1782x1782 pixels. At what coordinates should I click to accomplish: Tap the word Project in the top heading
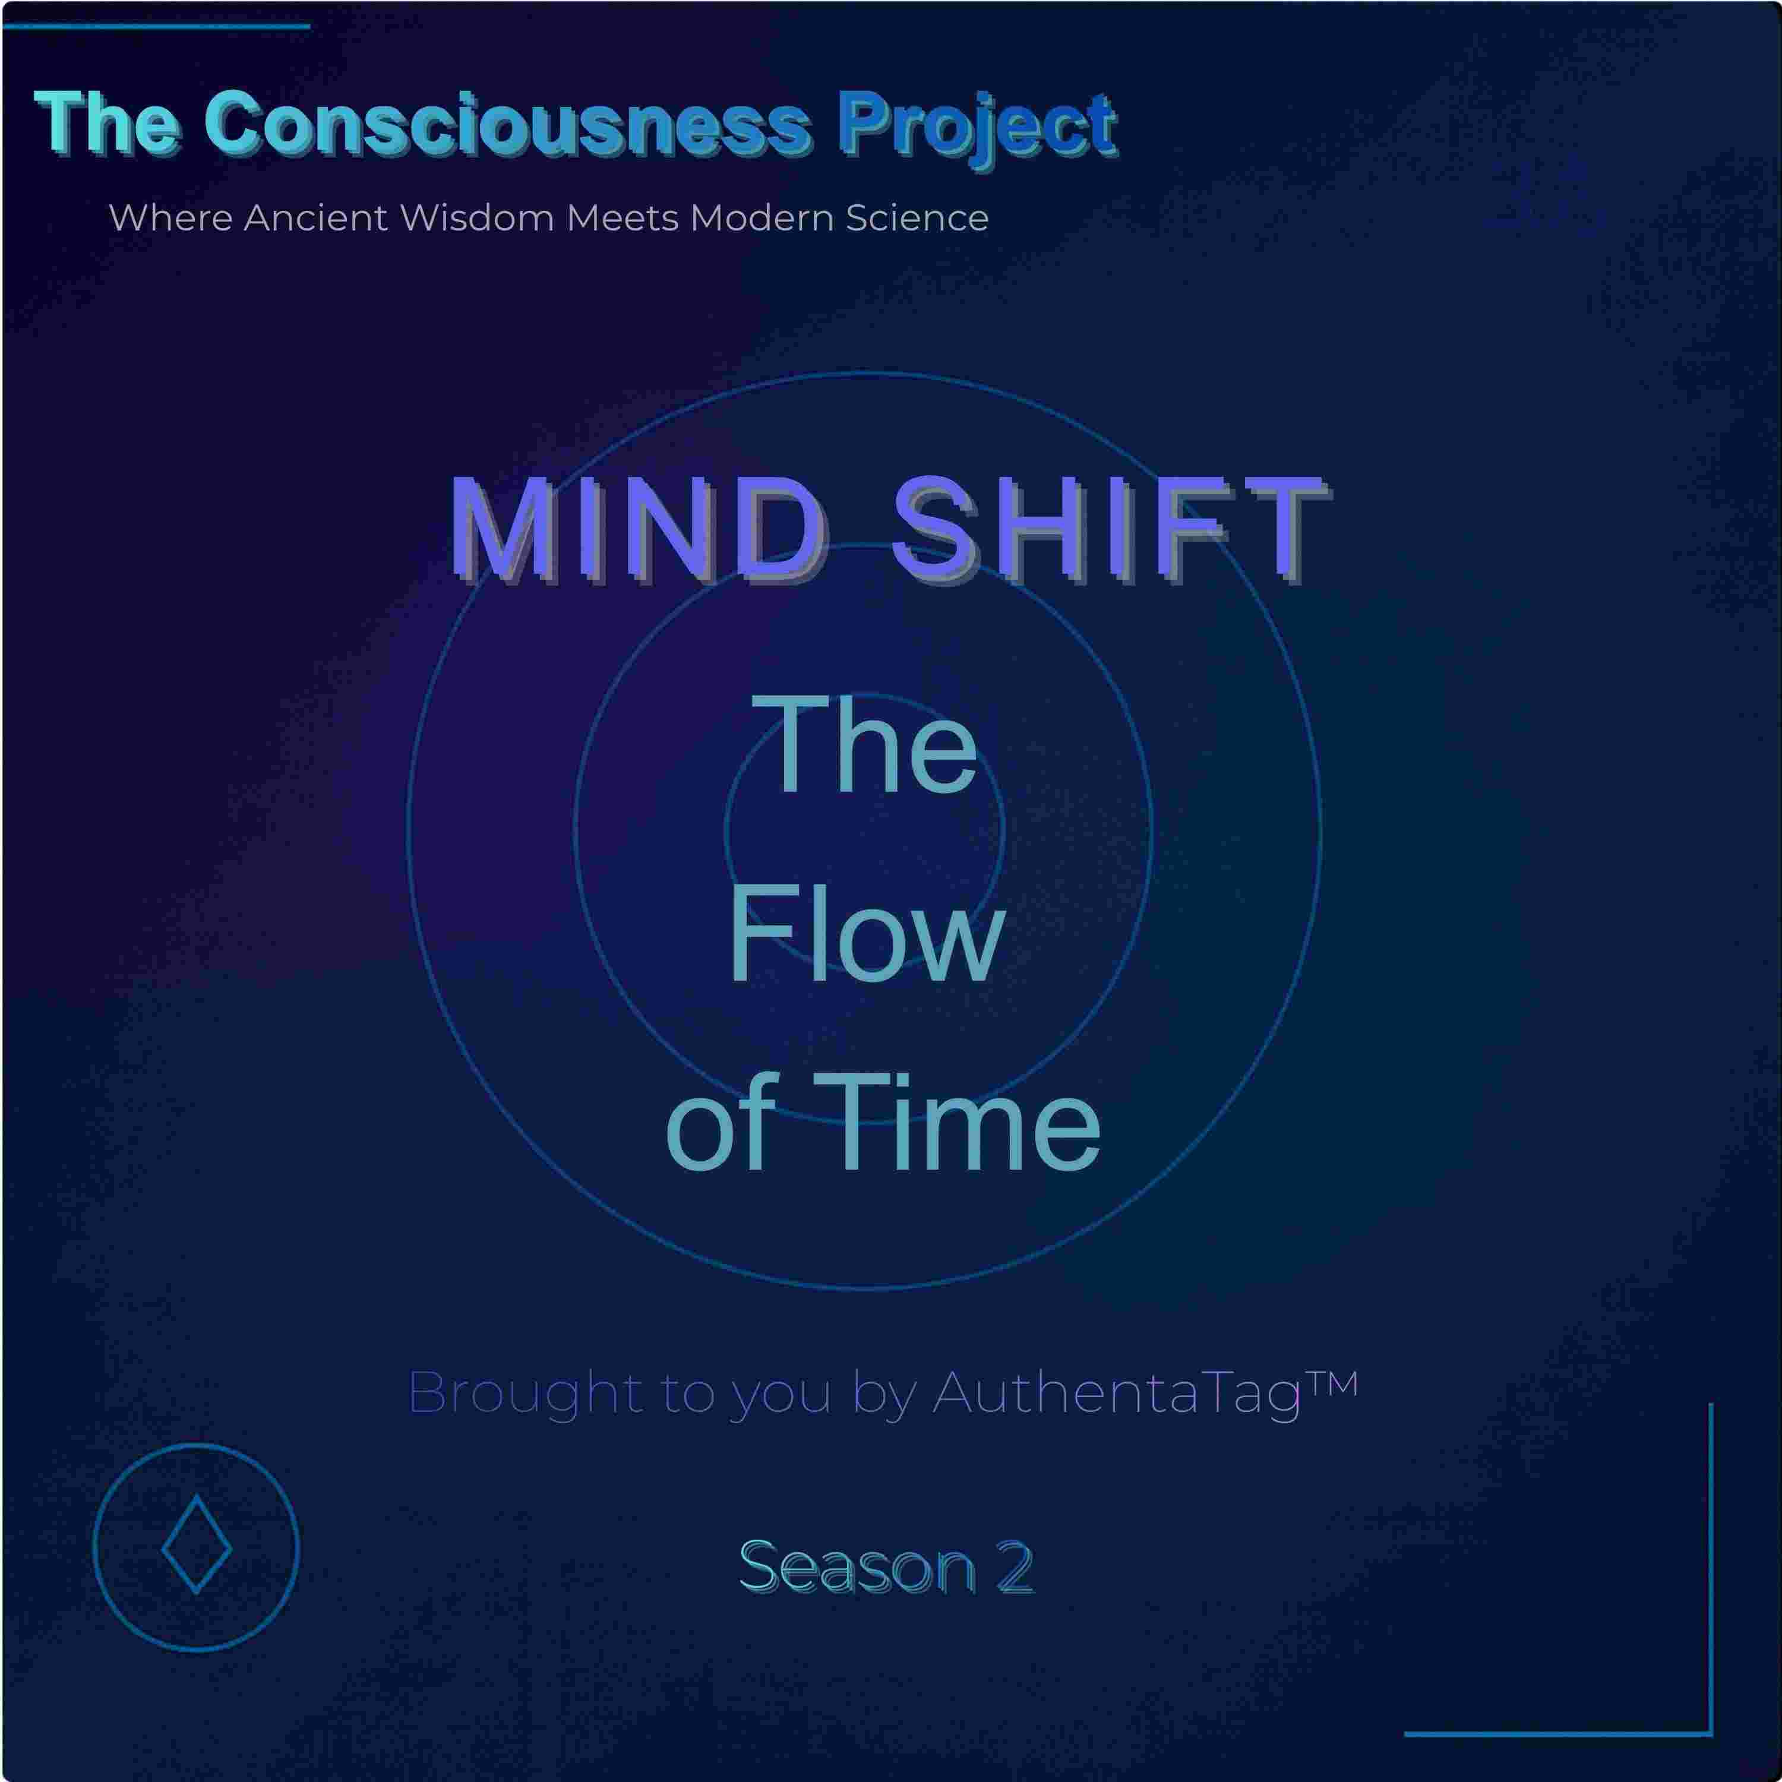coord(978,129)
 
